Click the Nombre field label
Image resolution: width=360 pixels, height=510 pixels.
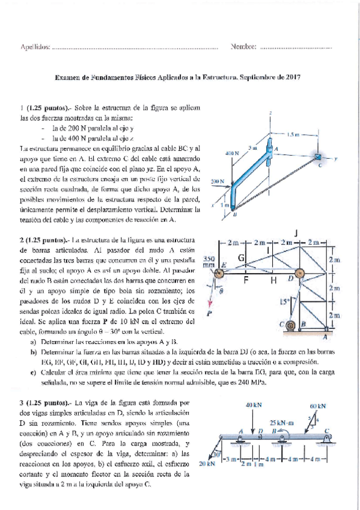click(x=243, y=46)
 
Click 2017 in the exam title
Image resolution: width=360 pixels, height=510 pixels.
click(x=293, y=78)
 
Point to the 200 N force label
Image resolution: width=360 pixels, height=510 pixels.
click(x=218, y=180)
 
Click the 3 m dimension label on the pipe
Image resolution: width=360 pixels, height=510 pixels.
click(x=252, y=147)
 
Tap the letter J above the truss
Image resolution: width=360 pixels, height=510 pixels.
click(x=296, y=233)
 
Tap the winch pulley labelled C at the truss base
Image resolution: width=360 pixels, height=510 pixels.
click(x=291, y=328)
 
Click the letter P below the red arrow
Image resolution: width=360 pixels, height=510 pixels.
click(x=210, y=314)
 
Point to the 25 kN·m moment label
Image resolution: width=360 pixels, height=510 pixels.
click(x=281, y=423)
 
